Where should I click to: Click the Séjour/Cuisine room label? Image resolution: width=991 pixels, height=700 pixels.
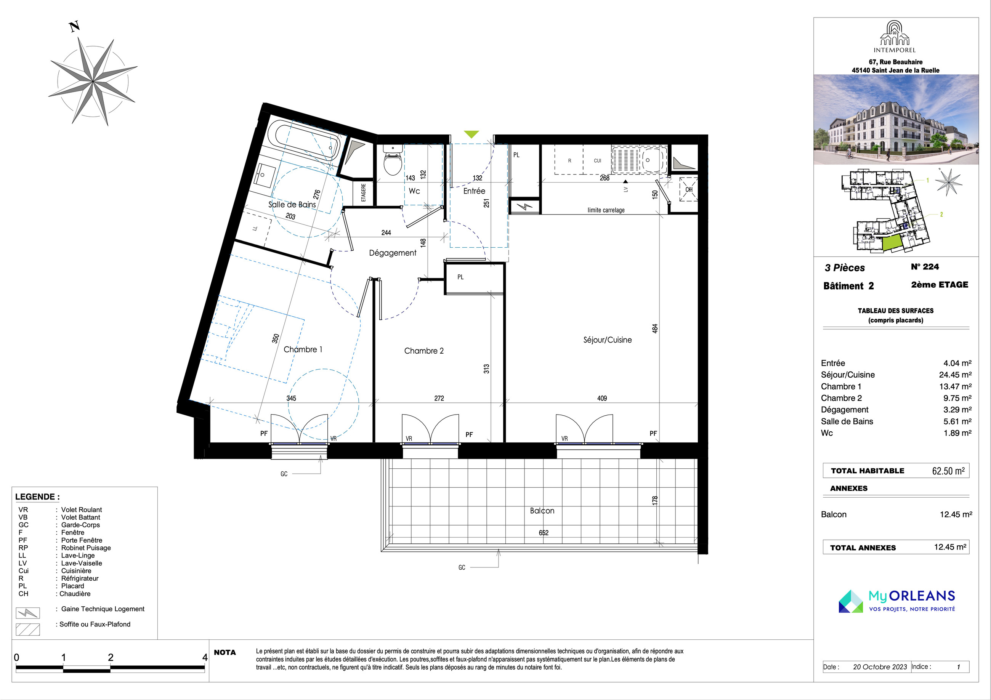[x=607, y=340]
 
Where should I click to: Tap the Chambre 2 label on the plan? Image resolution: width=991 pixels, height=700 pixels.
[x=424, y=351]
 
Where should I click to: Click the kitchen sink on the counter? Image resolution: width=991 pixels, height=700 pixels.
[x=639, y=160]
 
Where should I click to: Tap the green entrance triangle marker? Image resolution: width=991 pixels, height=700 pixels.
[x=471, y=134]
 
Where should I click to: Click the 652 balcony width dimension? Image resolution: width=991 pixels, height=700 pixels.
[x=544, y=533]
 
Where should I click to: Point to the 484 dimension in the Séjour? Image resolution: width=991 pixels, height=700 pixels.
[x=655, y=328]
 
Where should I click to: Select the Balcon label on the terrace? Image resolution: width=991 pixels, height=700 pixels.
[x=542, y=511]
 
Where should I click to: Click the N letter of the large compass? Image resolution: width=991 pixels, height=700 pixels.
[x=75, y=27]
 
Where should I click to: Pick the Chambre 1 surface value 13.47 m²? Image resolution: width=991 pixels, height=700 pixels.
[x=955, y=387]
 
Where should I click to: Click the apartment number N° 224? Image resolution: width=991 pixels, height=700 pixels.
[x=925, y=267]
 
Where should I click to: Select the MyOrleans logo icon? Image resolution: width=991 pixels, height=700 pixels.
[x=851, y=601]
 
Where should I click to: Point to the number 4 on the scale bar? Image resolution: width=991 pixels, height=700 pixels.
[x=205, y=657]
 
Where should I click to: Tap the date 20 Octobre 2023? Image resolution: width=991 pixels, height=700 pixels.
[x=880, y=667]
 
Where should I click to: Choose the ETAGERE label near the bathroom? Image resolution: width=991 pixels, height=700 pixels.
[x=363, y=192]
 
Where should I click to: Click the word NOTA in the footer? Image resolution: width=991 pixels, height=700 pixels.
[x=225, y=652]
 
